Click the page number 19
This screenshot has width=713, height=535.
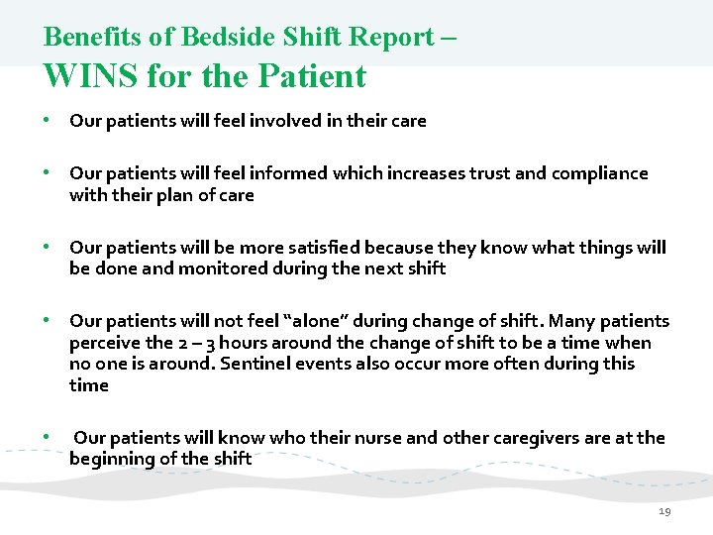pos(663,511)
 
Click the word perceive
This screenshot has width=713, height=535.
pos(105,343)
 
